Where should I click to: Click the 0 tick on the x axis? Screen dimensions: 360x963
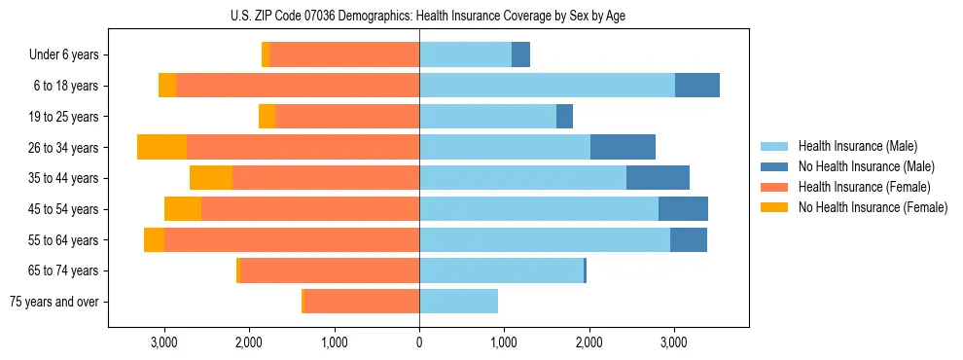(419, 342)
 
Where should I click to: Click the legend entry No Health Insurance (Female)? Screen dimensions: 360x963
(872, 207)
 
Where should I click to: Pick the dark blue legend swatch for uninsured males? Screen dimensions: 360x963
(774, 166)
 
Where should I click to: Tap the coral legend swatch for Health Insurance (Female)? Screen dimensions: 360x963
(774, 187)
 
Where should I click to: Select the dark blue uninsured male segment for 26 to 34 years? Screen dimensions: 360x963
(623, 147)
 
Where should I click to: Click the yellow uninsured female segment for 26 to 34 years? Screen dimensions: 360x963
(161, 147)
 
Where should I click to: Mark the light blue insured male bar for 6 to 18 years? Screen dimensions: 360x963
(547, 86)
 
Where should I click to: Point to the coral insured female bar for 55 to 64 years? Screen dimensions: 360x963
(292, 239)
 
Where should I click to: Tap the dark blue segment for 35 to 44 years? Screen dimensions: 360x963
(658, 178)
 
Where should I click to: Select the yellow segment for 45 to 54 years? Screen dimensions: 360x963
(183, 209)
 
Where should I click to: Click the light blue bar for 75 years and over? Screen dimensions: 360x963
(458, 302)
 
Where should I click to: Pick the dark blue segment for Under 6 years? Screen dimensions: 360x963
(520, 55)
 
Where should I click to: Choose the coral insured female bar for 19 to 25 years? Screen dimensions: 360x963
(347, 117)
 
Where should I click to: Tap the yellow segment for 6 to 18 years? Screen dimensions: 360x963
(167, 86)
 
